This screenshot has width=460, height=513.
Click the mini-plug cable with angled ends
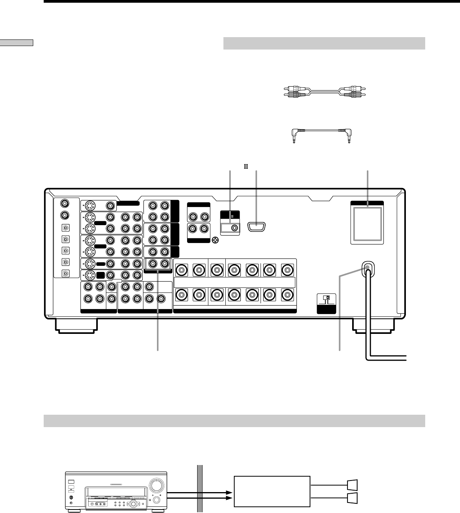point(321,133)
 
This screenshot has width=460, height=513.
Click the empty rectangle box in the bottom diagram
point(272,491)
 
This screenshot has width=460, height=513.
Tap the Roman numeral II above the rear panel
point(245,167)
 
